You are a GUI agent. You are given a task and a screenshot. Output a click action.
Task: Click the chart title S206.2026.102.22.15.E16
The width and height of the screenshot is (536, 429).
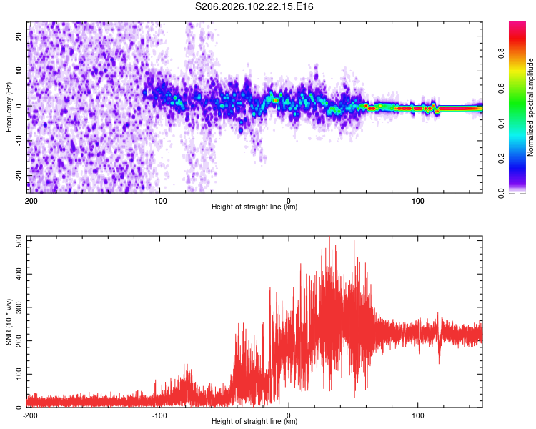click(254, 7)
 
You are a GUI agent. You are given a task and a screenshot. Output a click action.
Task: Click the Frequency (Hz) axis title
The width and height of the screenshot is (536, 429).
click(9, 107)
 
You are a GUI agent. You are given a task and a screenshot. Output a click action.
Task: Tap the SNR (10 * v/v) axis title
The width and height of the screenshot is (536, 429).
click(9, 322)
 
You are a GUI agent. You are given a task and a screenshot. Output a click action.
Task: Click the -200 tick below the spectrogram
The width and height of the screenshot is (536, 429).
click(29, 201)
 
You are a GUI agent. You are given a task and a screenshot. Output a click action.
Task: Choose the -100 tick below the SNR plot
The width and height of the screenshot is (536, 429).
click(159, 415)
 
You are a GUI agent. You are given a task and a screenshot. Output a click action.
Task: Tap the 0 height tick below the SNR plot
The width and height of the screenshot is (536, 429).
click(289, 415)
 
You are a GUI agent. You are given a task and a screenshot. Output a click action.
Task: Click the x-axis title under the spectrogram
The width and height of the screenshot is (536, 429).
click(254, 207)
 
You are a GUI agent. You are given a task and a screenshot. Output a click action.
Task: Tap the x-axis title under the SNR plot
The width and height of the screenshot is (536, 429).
click(254, 422)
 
